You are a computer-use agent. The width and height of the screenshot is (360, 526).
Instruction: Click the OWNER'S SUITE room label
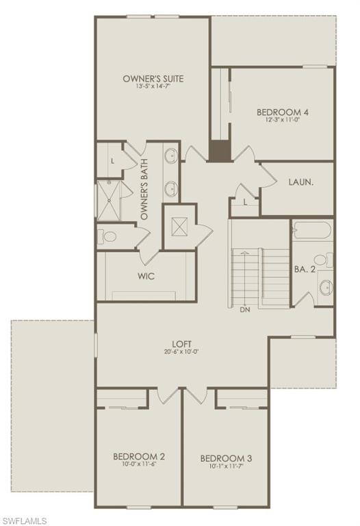[153, 79]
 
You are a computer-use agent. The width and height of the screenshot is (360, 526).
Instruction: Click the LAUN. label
[300, 183]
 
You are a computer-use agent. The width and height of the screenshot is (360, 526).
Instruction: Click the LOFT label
[181, 344]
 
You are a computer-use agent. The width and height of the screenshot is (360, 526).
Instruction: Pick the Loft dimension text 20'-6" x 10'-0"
[181, 352]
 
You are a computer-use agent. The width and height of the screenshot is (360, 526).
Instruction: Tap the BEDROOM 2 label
[138, 456]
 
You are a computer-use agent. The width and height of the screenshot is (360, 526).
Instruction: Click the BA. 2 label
[305, 270]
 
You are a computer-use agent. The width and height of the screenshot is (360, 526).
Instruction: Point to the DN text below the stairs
[244, 310]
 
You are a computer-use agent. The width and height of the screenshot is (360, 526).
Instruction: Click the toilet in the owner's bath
[109, 237]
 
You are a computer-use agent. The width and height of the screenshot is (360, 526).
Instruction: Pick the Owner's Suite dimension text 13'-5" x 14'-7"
[153, 87]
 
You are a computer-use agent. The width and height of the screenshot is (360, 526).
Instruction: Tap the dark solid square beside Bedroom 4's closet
[219, 151]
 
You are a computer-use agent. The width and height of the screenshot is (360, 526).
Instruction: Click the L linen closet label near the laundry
[245, 202]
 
